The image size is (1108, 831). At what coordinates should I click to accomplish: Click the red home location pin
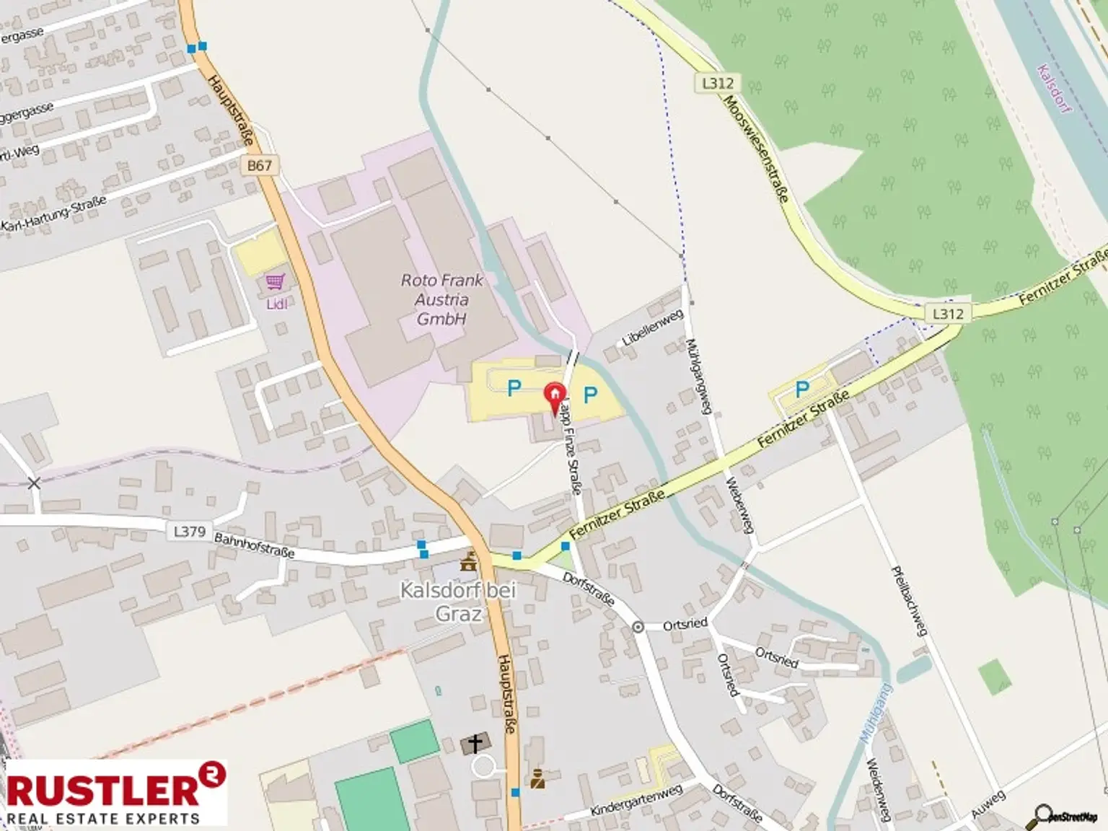(x=554, y=396)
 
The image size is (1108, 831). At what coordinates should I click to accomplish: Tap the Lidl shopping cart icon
(x=276, y=281)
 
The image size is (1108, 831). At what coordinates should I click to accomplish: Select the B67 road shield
(x=260, y=165)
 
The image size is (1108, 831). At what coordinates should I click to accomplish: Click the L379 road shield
(x=190, y=532)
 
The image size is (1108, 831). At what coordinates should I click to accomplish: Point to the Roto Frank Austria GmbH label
(x=441, y=299)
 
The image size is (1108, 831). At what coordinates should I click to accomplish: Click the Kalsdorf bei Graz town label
(x=459, y=602)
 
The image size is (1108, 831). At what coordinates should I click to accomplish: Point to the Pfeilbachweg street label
(x=908, y=601)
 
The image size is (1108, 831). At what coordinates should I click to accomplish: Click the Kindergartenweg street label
(x=636, y=800)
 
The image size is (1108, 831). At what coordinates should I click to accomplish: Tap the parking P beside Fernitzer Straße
(x=801, y=390)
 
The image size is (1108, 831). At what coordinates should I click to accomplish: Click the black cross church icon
(x=475, y=743)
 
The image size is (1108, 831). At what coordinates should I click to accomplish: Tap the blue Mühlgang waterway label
(x=875, y=714)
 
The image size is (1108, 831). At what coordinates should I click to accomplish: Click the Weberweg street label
(x=740, y=505)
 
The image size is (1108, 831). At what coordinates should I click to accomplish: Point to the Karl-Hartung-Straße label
(x=54, y=214)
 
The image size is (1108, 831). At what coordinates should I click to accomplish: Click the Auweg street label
(x=988, y=804)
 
